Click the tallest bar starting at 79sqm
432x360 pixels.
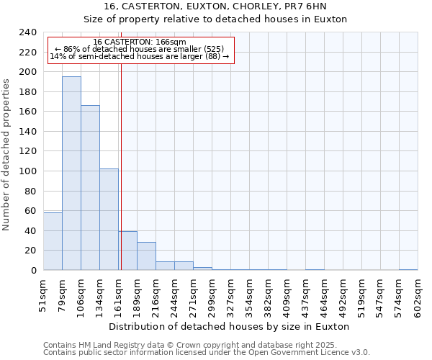pyautogui.click(x=71, y=173)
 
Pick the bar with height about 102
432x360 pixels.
pyautogui.click(x=109, y=220)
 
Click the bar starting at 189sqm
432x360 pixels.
pyautogui.click(x=146, y=256)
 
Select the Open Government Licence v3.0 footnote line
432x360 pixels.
pyautogui.click(x=207, y=353)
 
